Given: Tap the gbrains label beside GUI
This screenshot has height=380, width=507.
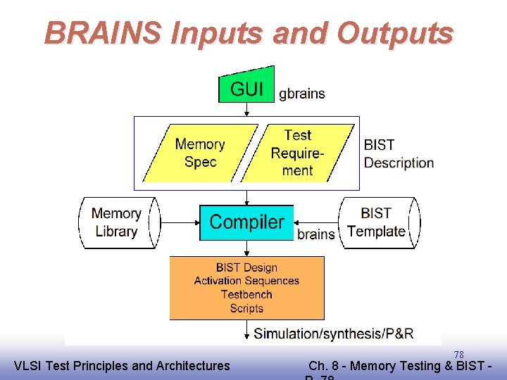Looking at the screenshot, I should pos(302,93).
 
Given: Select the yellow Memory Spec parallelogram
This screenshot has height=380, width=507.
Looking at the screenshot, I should pos(200,153).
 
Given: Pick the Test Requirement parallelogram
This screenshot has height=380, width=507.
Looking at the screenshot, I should pos(297,153).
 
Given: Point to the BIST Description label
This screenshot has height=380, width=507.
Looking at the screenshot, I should pos(398,153).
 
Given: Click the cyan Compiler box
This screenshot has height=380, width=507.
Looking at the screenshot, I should pos(246,222).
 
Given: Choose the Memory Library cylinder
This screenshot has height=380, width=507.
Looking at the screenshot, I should pos(117,222).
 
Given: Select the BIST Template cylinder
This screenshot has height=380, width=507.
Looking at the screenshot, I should pos(377,222).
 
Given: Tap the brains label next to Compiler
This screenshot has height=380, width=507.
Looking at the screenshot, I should pos(315,234).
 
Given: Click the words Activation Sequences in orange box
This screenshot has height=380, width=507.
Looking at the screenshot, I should pos(246,281).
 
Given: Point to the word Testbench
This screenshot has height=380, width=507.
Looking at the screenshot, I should pos(246,294).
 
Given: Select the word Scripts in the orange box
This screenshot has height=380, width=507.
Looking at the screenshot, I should pos(246,308).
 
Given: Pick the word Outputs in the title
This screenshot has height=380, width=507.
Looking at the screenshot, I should pos(394,32).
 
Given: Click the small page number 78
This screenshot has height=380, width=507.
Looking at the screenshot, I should pos(458,354).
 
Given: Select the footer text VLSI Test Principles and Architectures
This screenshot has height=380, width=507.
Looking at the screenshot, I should pos(122,365).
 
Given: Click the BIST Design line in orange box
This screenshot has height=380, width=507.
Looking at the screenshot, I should pos(246,267).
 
